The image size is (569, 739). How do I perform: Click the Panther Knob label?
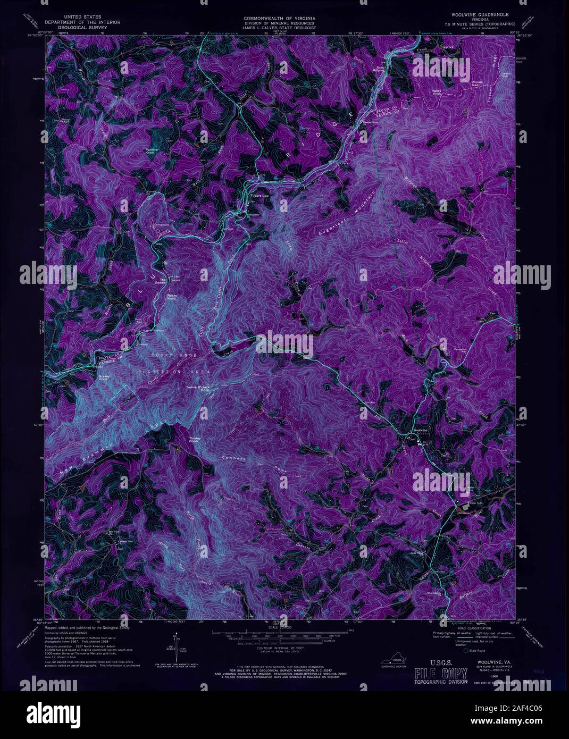click(x=153, y=152)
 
